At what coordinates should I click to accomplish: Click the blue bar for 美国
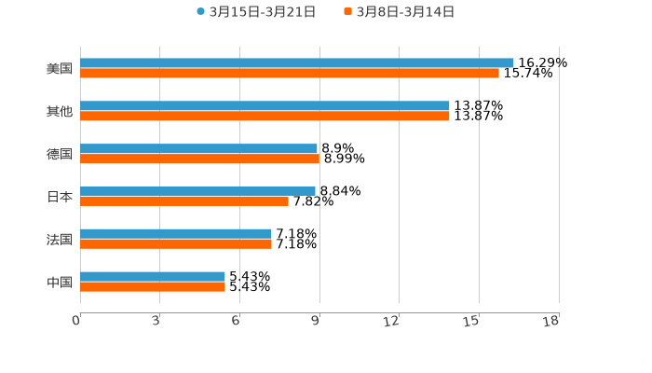click(x=296, y=62)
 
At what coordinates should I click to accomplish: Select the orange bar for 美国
click(x=289, y=74)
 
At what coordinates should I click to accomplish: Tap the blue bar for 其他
click(x=265, y=105)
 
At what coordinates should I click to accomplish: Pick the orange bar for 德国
click(x=199, y=159)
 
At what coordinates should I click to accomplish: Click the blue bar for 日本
click(x=197, y=190)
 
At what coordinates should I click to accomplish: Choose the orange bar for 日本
click(x=184, y=201)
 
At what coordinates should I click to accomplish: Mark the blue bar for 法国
click(x=175, y=233)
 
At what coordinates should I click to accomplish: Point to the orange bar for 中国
click(x=153, y=287)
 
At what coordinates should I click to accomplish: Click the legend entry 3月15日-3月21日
click(x=255, y=12)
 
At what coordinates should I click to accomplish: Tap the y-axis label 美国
click(x=59, y=68)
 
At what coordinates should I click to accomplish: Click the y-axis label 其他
click(x=59, y=111)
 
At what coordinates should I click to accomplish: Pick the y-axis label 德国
click(x=59, y=154)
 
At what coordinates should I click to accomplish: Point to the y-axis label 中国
click(x=59, y=282)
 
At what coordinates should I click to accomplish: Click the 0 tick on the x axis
click(x=77, y=320)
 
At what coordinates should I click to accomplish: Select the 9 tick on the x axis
click(x=316, y=320)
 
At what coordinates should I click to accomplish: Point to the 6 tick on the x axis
click(x=236, y=320)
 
